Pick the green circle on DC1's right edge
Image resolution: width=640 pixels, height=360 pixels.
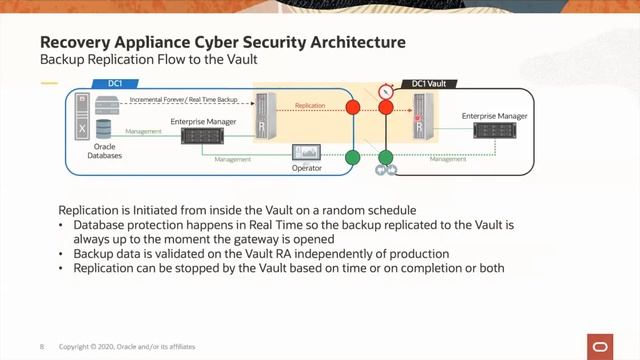(x=352, y=157)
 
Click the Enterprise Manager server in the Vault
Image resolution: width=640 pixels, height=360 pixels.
(x=495, y=130)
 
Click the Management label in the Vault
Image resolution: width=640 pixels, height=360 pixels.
(x=448, y=159)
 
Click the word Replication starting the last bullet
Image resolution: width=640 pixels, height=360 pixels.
(x=101, y=268)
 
